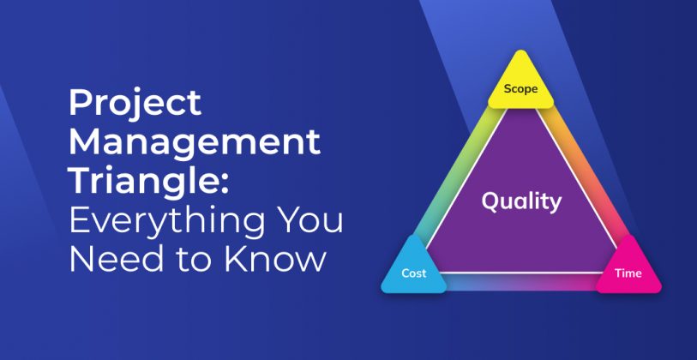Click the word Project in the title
click(135, 105)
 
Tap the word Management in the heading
click(195, 143)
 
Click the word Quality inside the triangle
click(521, 201)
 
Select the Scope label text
click(520, 88)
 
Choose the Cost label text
click(414, 273)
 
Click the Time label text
click(628, 273)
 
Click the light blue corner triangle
click(414, 267)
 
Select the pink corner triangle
click(628, 267)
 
